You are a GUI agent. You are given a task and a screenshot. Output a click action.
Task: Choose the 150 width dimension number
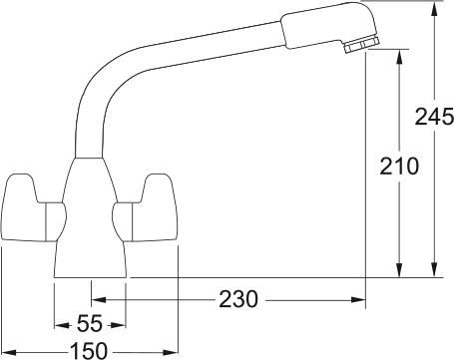(x=89, y=350)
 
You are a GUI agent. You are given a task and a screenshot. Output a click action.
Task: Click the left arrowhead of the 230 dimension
(x=98, y=297)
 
